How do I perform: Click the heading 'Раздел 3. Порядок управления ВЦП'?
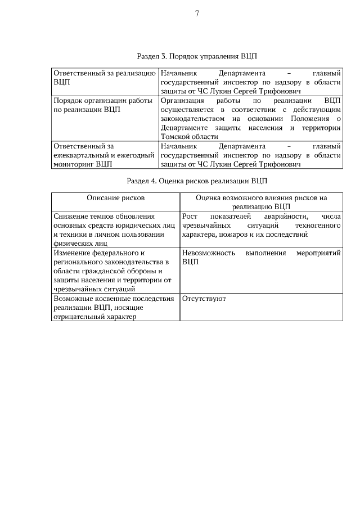(197, 57)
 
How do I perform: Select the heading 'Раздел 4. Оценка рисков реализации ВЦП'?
(197, 181)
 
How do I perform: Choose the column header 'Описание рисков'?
(115, 198)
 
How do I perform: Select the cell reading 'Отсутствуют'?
(204, 299)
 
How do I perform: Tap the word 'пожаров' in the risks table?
(240, 235)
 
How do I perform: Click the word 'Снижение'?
(71, 217)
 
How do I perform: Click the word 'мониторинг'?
(73, 165)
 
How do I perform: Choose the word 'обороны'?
(137, 271)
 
